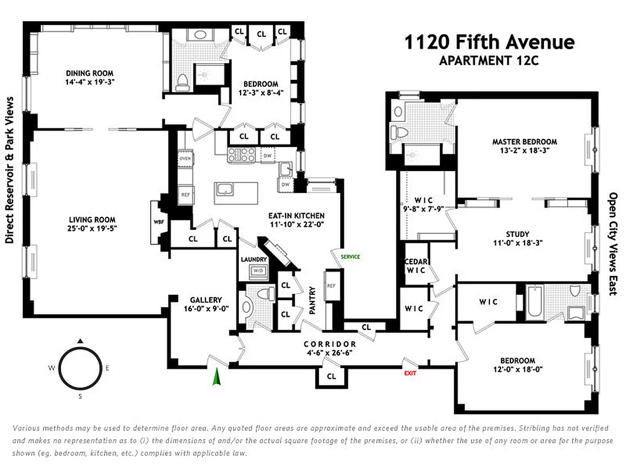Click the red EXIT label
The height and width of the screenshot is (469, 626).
click(x=410, y=372)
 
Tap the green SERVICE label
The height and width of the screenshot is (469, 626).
click(x=350, y=257)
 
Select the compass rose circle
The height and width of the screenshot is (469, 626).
click(x=81, y=368)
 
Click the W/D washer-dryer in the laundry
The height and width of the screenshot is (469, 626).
click(x=257, y=271)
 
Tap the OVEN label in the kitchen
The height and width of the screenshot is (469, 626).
click(x=185, y=158)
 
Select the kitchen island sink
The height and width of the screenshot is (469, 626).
click(x=224, y=189)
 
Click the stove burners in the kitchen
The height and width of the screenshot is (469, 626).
click(x=242, y=155)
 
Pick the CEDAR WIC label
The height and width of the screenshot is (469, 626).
click(x=417, y=266)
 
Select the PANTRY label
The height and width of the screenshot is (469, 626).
click(x=312, y=300)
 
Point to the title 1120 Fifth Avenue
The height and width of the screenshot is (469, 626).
click(x=489, y=42)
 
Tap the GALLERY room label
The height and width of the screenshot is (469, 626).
click(x=205, y=300)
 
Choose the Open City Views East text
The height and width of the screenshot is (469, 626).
click(x=612, y=244)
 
